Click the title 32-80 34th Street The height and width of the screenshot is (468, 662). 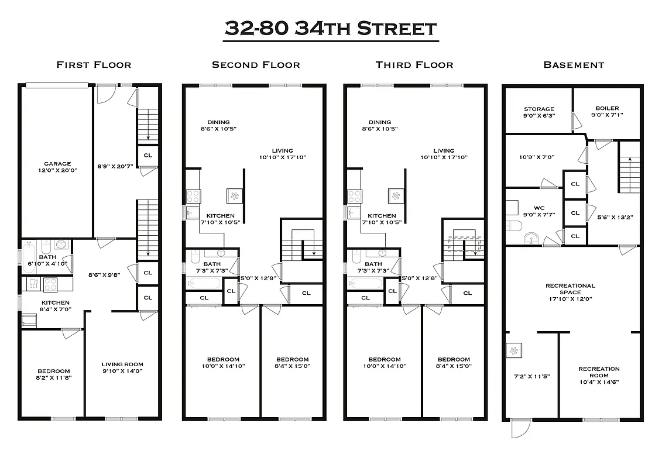pos(331,29)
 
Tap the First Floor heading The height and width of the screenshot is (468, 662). pos(94,65)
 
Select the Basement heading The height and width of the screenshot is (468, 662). pos(574,65)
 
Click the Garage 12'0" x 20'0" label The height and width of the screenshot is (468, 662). pos(57,167)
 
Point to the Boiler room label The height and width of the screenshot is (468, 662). pos(607,112)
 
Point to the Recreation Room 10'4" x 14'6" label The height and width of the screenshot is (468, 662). pos(599,375)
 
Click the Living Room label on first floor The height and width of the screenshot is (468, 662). pos(122,367)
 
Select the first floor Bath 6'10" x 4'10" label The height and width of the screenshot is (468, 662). pos(47,260)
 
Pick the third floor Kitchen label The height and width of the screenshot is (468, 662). pos(382,219)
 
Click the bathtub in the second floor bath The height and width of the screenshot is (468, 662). pos(204,284)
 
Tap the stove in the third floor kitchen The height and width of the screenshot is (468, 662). pos(355,196)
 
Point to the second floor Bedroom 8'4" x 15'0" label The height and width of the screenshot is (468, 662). pos(292,363)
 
